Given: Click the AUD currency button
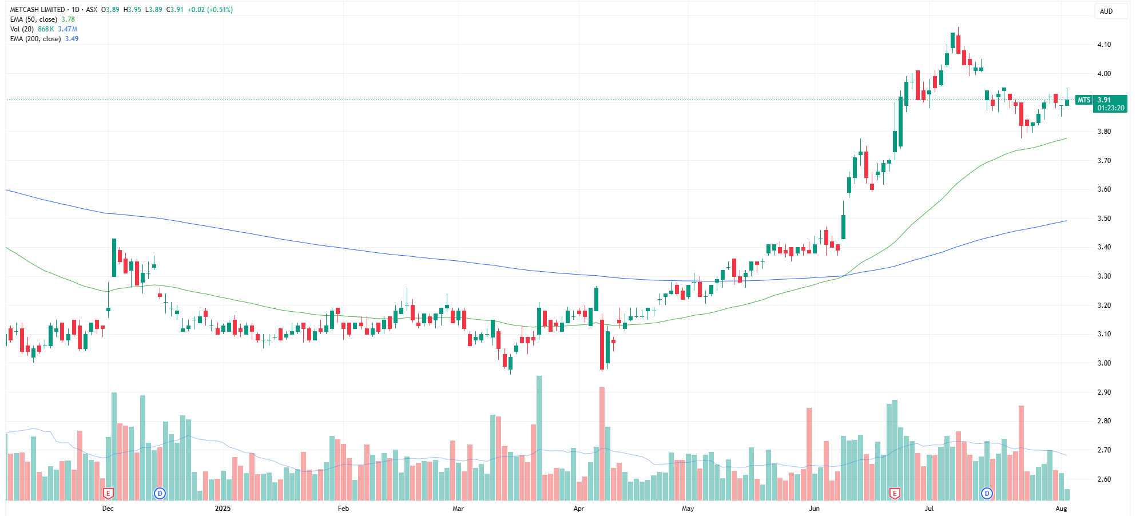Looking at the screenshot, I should click(x=1106, y=11).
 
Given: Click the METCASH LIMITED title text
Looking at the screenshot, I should click(x=37, y=10).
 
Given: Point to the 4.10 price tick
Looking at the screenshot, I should click(x=1104, y=45).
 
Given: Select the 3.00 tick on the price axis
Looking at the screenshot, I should click(x=1104, y=363).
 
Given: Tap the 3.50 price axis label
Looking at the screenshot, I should click(x=1104, y=219).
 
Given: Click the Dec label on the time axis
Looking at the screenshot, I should click(x=108, y=509).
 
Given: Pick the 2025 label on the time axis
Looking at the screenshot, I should click(x=223, y=509).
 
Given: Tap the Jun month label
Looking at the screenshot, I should click(x=814, y=509).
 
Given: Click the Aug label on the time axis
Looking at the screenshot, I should click(x=1061, y=509).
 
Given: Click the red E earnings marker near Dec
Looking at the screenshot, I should click(x=108, y=493).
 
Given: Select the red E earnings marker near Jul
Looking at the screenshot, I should click(x=895, y=493).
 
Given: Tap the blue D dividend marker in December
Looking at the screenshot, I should click(x=160, y=493).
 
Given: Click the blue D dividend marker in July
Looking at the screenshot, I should click(x=987, y=493).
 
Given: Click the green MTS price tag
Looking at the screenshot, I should click(x=1084, y=100).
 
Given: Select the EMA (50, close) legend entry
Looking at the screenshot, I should click(x=34, y=19).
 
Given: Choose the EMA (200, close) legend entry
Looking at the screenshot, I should click(x=35, y=39).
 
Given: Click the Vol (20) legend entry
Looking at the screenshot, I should click(x=22, y=29).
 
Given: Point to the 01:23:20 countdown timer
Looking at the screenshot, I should click(x=1111, y=108).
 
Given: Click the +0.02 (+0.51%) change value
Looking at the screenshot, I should click(x=210, y=10).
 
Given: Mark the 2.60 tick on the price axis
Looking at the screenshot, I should click(x=1104, y=479).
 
